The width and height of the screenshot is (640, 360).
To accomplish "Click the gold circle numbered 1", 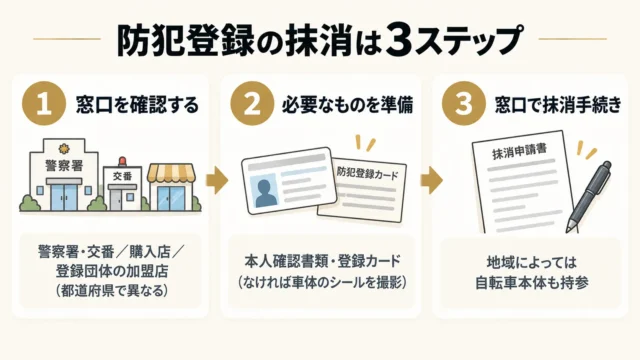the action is click(44, 103).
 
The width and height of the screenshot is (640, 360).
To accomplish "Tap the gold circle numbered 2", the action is click(252, 103).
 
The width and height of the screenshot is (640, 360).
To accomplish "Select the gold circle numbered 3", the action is click(464, 103).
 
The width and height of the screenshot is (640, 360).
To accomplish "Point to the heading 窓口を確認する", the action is click(137, 104).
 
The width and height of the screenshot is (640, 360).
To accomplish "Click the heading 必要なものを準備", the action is click(347, 104).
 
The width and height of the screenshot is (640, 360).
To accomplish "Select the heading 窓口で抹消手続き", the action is click(558, 104).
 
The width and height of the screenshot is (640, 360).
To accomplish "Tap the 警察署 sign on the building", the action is click(64, 165).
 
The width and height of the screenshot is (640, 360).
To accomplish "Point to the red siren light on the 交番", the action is click(122, 162).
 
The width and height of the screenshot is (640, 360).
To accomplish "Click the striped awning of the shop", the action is click(171, 173).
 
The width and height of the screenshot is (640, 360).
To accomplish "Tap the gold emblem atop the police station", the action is click(64, 147).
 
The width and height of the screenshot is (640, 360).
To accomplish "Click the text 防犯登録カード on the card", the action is click(367, 173).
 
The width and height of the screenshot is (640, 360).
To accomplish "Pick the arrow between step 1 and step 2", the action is click(217, 180).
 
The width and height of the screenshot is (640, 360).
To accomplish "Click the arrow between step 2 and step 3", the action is click(431, 180).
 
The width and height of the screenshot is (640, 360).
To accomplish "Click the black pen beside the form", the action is click(589, 197).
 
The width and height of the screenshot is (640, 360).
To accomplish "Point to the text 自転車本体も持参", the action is click(532, 283).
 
